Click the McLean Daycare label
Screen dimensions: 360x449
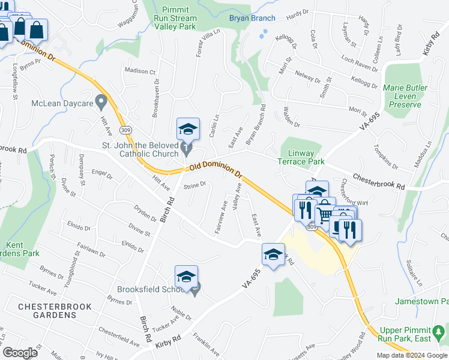(x=62, y=103)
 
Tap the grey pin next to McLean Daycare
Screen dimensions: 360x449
(x=101, y=101)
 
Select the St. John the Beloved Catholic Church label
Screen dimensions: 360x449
(x=141, y=149)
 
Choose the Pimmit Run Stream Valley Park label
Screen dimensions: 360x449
(x=175, y=18)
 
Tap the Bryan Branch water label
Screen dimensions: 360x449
(x=252, y=18)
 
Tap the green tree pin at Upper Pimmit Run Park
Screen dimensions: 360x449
(x=440, y=331)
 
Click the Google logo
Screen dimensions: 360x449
(x=20, y=353)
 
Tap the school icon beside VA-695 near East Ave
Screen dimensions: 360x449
(x=273, y=255)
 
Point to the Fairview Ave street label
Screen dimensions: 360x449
(x=221, y=217)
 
